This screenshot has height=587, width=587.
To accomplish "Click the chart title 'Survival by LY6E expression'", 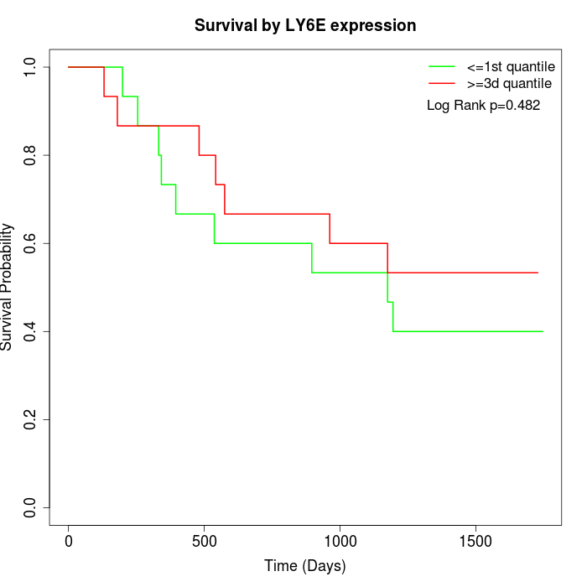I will pyautogui.click(x=305, y=26).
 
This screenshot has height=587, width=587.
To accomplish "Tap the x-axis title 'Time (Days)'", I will pyautogui.click(x=305, y=566).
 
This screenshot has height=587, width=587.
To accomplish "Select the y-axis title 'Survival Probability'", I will pyautogui.click(x=8, y=287).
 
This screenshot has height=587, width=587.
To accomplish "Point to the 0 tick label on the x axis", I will pyautogui.click(x=69, y=541).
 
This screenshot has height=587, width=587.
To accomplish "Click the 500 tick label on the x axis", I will pyautogui.click(x=205, y=541).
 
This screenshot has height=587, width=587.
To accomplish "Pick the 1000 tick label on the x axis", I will pyautogui.click(x=340, y=541).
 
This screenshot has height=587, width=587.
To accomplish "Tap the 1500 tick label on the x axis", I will pyautogui.click(x=476, y=541).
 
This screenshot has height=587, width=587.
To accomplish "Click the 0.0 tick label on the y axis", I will pyautogui.click(x=31, y=507).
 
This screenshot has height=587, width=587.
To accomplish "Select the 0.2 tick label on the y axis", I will pyautogui.click(x=31, y=419).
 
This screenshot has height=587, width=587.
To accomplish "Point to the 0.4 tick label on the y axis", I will pyautogui.click(x=31, y=331).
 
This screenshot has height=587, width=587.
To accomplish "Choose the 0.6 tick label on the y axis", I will pyautogui.click(x=31, y=243).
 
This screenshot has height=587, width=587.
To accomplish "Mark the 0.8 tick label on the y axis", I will pyautogui.click(x=31, y=155).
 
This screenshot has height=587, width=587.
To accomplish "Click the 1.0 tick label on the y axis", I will pyautogui.click(x=31, y=67).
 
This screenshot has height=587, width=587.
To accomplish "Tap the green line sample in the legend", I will pyautogui.click(x=442, y=65).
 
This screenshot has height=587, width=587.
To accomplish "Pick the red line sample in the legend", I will pyautogui.click(x=442, y=83).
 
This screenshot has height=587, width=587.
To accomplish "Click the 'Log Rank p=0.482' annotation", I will pyautogui.click(x=483, y=106).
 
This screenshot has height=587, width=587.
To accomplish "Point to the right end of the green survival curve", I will pyautogui.click(x=543, y=331).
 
